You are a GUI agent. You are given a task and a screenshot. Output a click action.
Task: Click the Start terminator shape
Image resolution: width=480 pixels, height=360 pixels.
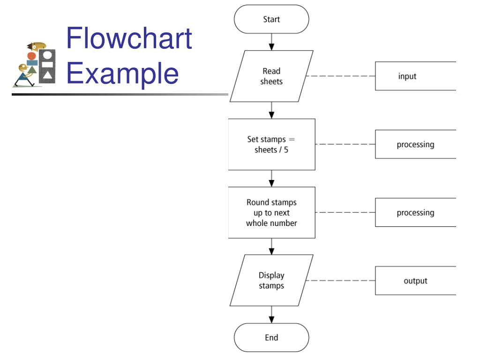click(x=271, y=19)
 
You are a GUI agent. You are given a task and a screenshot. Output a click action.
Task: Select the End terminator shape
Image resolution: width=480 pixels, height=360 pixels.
click(x=271, y=337)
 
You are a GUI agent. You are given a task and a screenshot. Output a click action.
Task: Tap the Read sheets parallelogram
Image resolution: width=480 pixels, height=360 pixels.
click(x=271, y=76)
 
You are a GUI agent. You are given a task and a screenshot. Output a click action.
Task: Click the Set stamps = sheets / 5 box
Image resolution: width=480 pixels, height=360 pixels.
click(x=271, y=144)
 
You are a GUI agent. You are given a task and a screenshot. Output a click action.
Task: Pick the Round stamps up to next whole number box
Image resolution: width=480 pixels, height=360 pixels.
click(x=271, y=212)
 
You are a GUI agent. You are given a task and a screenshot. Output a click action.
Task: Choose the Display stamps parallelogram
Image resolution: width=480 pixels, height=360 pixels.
click(x=271, y=280)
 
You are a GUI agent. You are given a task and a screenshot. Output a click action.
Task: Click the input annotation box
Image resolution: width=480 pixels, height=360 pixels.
click(x=415, y=76)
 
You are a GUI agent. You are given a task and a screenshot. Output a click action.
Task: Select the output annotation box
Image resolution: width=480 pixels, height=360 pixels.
click(x=415, y=280)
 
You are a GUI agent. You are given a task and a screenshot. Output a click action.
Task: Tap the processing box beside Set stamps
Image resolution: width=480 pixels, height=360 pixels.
click(x=415, y=144)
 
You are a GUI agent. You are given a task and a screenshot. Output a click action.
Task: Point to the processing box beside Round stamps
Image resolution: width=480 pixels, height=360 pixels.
click(x=415, y=212)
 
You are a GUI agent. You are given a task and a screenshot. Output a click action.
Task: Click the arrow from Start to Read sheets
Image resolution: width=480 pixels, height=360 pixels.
click(x=271, y=42)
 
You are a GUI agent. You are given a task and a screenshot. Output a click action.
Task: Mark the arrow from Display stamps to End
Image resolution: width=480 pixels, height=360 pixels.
click(x=271, y=315)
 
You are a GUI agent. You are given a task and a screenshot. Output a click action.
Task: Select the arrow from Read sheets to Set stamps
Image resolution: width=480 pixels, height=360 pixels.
click(x=271, y=110)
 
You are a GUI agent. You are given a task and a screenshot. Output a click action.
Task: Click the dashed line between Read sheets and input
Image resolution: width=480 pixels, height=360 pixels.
click(x=340, y=76)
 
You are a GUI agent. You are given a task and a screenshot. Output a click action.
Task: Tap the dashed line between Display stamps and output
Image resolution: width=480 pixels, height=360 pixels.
click(x=340, y=280)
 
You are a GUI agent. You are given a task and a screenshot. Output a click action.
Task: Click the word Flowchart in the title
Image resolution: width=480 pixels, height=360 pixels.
click(x=129, y=38)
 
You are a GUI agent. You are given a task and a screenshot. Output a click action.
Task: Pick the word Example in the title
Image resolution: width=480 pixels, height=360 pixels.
click(x=122, y=74)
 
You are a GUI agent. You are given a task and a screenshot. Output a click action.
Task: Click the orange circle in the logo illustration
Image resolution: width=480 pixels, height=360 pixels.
click(x=31, y=56)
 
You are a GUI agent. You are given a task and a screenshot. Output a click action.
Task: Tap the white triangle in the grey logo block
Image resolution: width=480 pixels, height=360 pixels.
click(x=47, y=75)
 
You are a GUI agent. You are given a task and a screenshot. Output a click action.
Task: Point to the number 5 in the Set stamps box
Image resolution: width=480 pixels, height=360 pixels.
click(x=286, y=150)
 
